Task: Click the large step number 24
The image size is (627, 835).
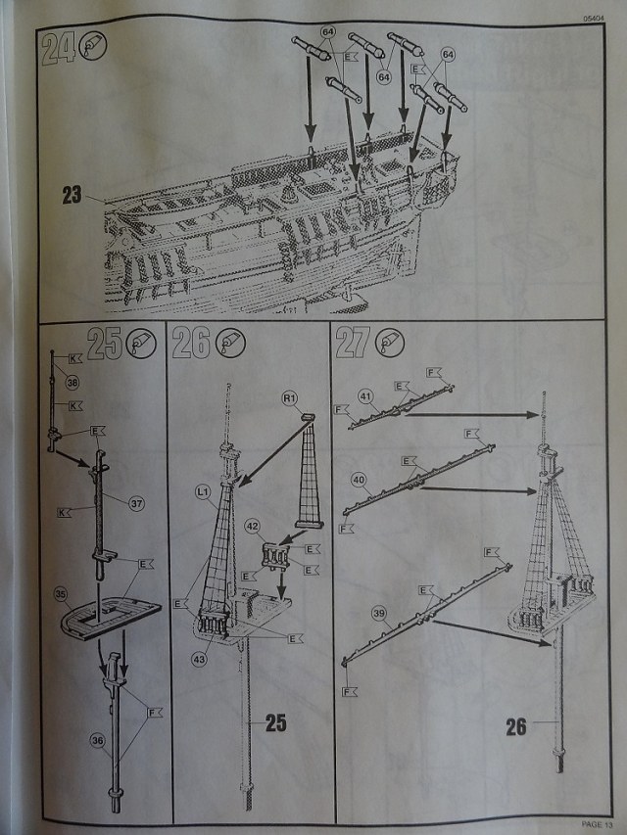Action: (x=60, y=49)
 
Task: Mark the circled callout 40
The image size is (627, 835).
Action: (x=359, y=480)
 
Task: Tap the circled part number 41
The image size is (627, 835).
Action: (x=366, y=396)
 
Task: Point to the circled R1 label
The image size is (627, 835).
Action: (x=290, y=399)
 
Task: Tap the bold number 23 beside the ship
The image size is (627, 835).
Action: (x=72, y=195)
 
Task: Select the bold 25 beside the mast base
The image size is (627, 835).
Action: (x=275, y=724)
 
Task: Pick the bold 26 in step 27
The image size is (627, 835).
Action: (x=517, y=726)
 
